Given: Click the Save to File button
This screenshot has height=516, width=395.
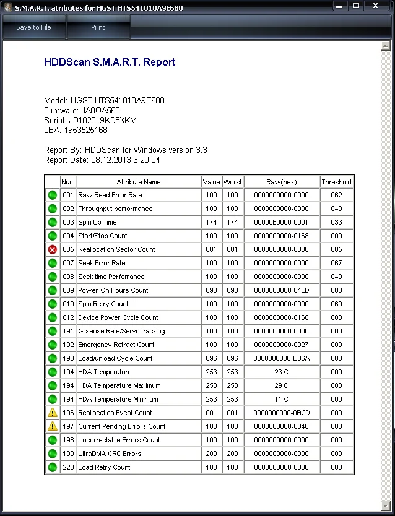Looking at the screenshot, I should click(33, 27).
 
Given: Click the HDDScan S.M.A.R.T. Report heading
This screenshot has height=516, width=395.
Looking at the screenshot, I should click(110, 62).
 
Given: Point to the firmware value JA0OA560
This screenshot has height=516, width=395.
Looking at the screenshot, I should click(96, 110).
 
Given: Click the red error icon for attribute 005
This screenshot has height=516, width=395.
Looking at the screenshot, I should click(53, 249).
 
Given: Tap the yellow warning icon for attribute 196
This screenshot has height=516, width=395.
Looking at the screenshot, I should click(53, 413).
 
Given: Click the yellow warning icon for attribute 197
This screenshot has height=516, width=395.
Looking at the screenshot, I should click(53, 426).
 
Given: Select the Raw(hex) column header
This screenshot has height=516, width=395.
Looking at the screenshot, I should click(281, 182).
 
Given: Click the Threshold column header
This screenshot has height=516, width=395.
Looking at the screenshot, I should click(336, 182).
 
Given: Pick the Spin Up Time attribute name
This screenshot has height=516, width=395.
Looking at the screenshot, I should click(97, 222).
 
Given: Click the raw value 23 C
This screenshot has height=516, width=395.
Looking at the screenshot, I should click(281, 372).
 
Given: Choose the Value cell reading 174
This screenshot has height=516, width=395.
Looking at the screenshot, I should click(211, 222).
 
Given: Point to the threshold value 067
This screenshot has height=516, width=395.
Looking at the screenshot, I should click(336, 263).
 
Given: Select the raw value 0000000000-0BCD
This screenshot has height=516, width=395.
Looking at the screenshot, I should click(281, 413).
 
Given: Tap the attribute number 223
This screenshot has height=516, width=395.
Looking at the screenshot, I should click(68, 467).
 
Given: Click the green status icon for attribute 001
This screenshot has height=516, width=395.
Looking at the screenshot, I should click(53, 195).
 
